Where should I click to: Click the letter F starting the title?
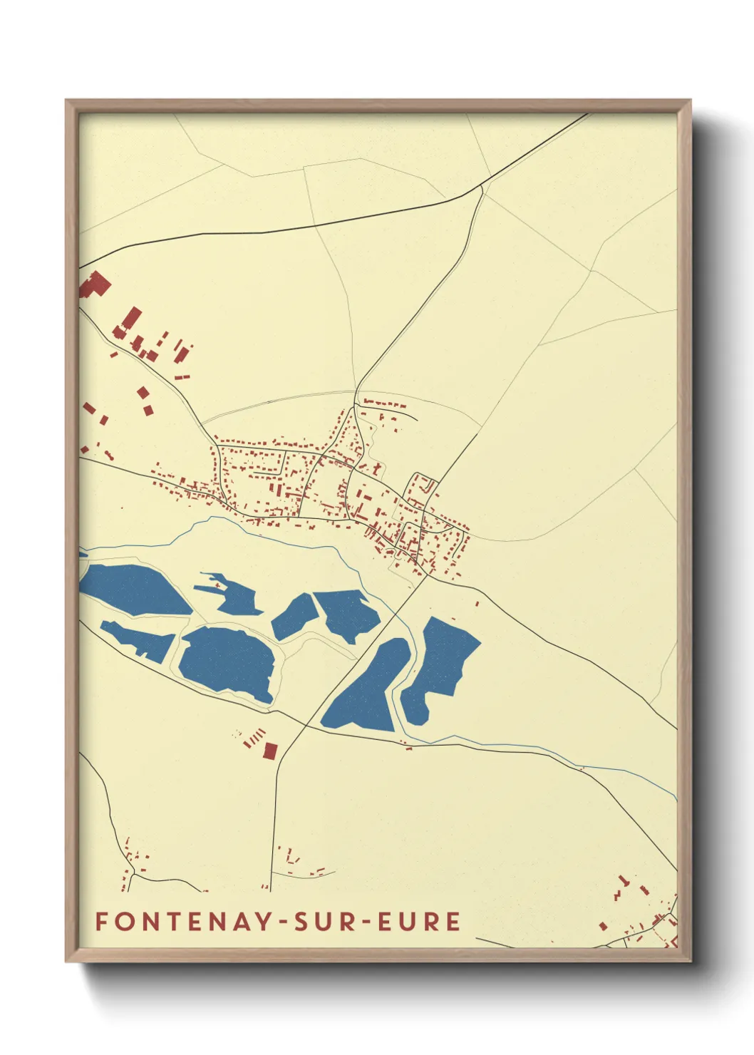tap(101, 921)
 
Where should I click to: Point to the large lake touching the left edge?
tap(132, 589)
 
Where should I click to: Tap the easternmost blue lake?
tap(442, 663)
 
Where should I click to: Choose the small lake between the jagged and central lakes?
tap(293, 617)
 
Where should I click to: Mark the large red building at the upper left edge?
tap(95, 285)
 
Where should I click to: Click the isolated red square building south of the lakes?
tap(270, 750)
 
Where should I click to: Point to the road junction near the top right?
tap(482, 186)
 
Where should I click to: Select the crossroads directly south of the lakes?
tap(306, 726)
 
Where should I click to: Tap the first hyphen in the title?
tap(284, 922)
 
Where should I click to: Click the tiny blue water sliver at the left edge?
tap(83, 553)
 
